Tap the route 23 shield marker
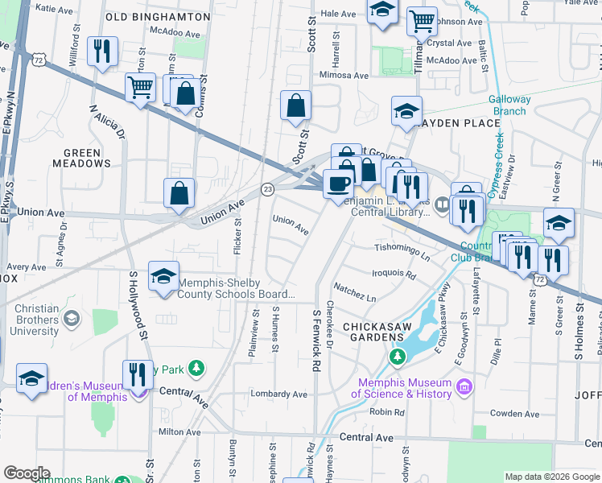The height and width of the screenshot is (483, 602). pyautogui.click(x=268, y=188)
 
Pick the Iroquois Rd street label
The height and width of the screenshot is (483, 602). pyautogui.click(x=394, y=274)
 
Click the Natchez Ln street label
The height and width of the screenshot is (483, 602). pyautogui.click(x=355, y=298)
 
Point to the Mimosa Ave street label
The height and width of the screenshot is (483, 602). pyautogui.click(x=344, y=75)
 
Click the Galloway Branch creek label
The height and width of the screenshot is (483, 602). pyautogui.click(x=510, y=105)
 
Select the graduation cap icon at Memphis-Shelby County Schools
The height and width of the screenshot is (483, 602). pyautogui.click(x=163, y=276)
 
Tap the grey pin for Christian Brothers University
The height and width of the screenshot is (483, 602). pyautogui.click(x=72, y=320)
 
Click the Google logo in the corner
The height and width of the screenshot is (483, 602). pyautogui.click(x=26, y=473)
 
